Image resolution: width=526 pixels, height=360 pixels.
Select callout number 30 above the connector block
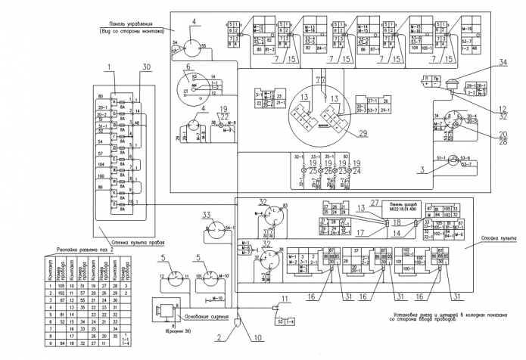pos(145,67)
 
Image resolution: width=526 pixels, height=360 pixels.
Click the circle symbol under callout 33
pos(216,234)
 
